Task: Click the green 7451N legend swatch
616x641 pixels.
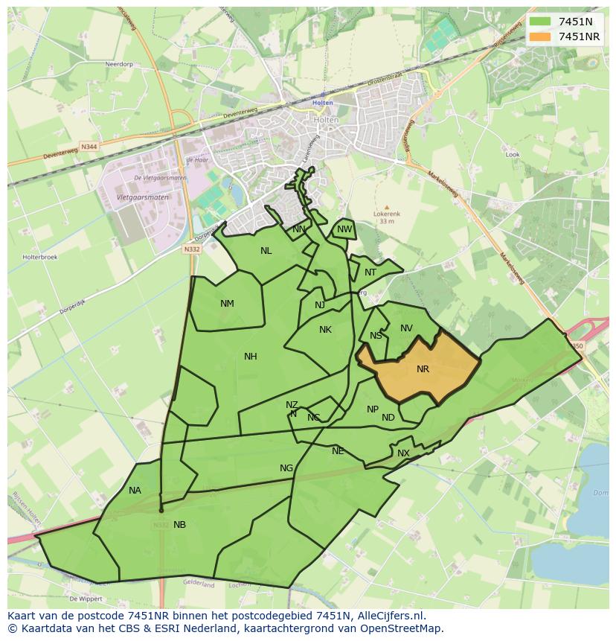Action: [541, 22]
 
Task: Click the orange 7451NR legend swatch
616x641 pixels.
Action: [541, 36]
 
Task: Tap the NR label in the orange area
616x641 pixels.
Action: [423, 369]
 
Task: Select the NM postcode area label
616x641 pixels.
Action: [227, 304]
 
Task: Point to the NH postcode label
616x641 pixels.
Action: [251, 357]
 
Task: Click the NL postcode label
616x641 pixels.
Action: [266, 251]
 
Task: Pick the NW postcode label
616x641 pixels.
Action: [344, 229]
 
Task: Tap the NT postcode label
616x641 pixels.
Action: [370, 272]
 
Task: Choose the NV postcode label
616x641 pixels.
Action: [406, 328]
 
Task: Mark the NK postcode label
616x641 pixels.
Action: [325, 330]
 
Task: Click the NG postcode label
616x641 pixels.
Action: [286, 468]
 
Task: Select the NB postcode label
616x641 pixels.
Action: [179, 525]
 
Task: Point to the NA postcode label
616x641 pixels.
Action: [135, 491]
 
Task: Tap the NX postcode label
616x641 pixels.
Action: [403, 453]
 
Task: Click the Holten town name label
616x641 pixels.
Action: [323, 103]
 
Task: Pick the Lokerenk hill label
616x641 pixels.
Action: [386, 214]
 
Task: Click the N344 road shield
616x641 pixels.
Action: [89, 147]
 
